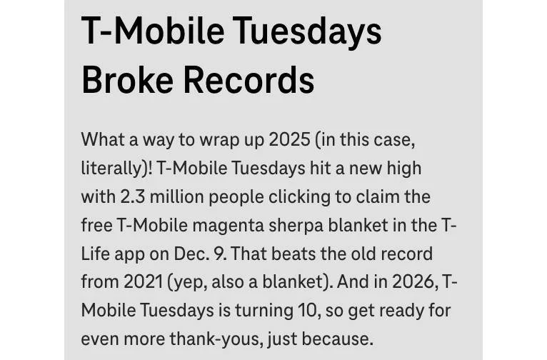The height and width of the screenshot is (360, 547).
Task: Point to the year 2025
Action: tap(289, 139)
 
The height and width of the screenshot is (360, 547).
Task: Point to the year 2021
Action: tap(142, 282)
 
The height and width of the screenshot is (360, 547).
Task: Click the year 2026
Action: tap(412, 282)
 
